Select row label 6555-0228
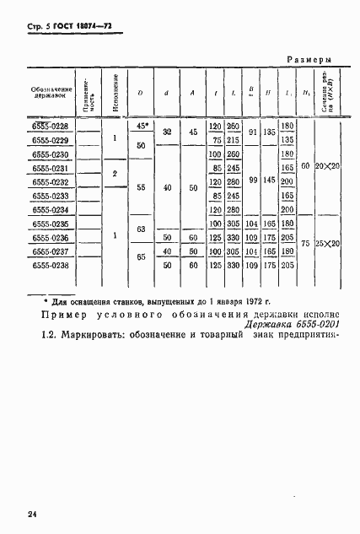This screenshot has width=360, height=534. pos(51,127)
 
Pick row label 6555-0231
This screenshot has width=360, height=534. pos(51,168)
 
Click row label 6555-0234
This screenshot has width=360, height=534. pos(51,209)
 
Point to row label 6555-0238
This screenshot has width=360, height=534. pos(51,265)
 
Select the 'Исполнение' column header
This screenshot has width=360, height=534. pos(113,90)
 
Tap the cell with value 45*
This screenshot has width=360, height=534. pos(142,127)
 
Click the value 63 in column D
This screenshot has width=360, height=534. pos(142,230)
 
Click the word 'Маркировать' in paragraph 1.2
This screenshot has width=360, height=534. pos(85,340)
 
